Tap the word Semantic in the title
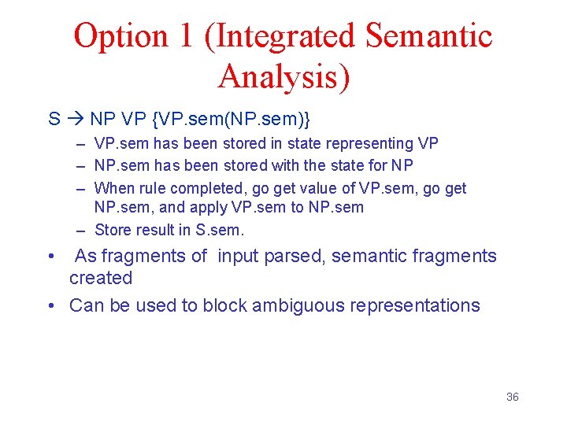[x=429, y=36]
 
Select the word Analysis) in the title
[x=284, y=76]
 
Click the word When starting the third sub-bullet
[x=113, y=188]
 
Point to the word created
[x=101, y=278]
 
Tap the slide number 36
[x=512, y=397]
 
